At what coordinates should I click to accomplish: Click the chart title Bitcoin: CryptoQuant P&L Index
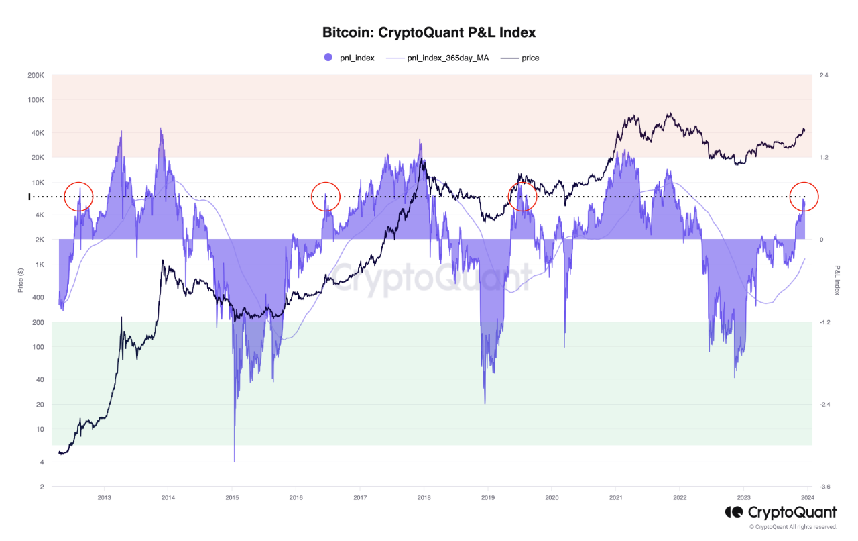[429, 32]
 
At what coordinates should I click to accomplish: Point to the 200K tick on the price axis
[35, 75]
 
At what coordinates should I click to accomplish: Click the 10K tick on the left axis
[36, 182]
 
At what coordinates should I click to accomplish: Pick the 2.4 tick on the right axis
[824, 75]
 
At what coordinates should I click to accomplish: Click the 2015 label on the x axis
[232, 497]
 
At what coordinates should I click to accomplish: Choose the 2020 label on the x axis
[552, 497]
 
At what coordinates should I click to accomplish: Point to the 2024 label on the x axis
[807, 497]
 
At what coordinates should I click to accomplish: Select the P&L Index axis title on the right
[837, 280]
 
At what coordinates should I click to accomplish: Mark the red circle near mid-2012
[78, 197]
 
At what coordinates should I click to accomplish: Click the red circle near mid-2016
[326, 197]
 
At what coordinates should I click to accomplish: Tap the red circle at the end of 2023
[804, 196]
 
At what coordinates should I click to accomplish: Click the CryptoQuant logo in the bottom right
[781, 513]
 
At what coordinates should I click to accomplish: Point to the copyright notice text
[793, 527]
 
